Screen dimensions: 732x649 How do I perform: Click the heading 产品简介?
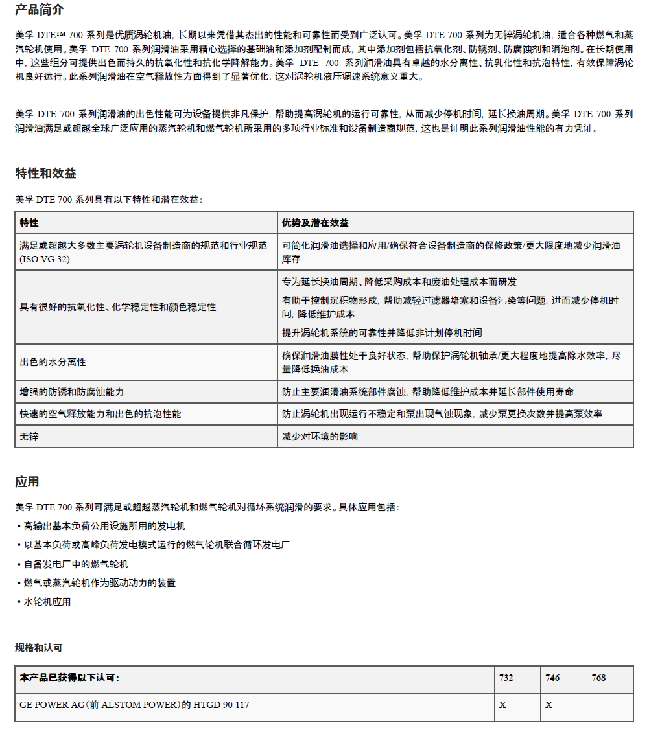(40, 10)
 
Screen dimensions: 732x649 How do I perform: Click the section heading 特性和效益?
(45, 173)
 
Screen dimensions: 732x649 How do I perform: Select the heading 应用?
(27, 481)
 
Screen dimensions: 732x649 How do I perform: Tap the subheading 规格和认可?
(39, 647)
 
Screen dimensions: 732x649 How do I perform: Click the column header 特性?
(29, 223)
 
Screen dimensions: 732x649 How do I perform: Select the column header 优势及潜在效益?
(315, 223)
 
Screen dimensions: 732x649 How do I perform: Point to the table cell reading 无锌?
(29, 437)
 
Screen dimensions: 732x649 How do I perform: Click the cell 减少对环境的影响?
(320, 437)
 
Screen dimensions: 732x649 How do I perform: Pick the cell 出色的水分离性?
(53, 362)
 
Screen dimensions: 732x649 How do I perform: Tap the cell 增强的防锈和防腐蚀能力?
(71, 392)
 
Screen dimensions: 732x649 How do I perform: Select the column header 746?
(552, 678)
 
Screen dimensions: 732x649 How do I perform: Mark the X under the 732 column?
(502, 705)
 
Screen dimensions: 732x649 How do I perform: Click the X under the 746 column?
(549, 705)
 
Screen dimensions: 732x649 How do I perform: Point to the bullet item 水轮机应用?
(47, 602)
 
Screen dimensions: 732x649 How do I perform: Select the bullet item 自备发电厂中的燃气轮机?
(76, 564)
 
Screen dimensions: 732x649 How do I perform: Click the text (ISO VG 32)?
(45, 259)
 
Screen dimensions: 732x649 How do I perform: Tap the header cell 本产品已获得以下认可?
(69, 678)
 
